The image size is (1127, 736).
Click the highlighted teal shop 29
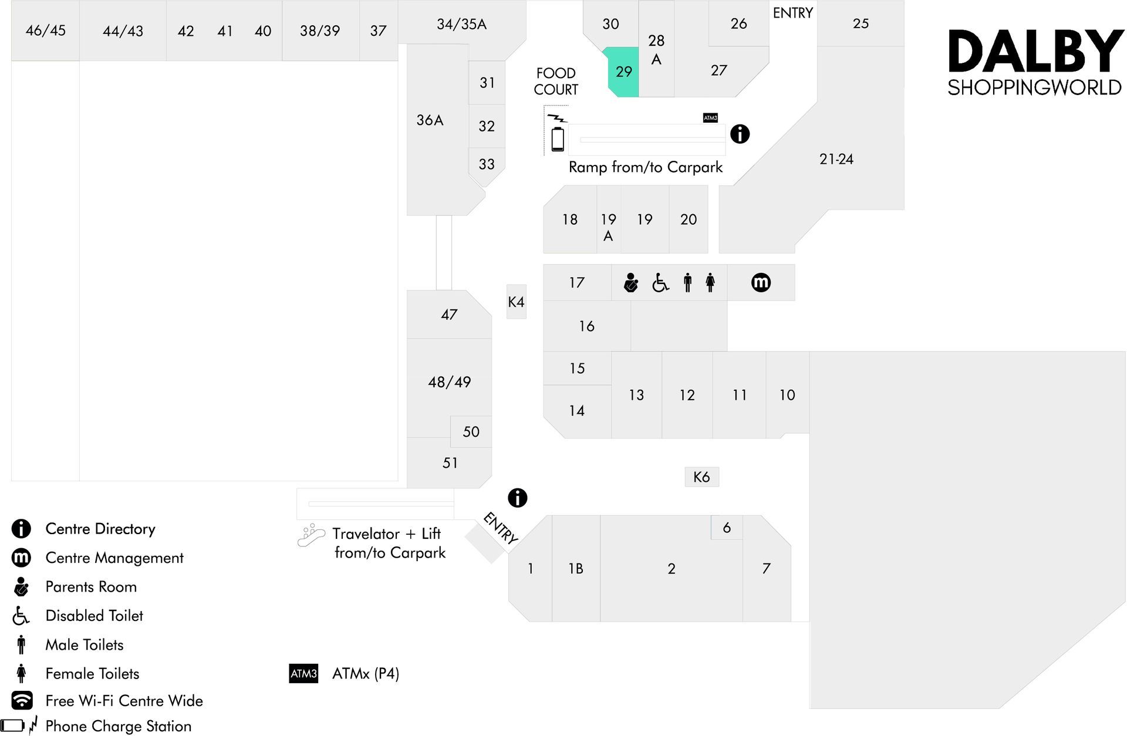click(x=623, y=72)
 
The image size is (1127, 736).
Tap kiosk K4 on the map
click(x=517, y=302)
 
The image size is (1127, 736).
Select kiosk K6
click(x=701, y=477)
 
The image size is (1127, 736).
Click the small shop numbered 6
click(x=727, y=528)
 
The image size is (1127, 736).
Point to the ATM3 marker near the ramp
click(x=710, y=118)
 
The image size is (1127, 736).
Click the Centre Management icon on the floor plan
click(x=761, y=282)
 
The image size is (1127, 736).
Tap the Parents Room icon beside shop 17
click(x=631, y=282)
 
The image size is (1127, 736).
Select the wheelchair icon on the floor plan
click(x=660, y=283)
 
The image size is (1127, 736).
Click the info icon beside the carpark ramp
click(x=740, y=134)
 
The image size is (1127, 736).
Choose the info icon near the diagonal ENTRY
click(x=517, y=498)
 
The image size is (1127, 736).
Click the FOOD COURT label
click(x=556, y=81)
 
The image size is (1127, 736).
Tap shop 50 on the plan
click(x=471, y=431)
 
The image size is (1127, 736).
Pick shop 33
click(x=486, y=164)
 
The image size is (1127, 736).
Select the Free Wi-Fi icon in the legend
click(x=22, y=700)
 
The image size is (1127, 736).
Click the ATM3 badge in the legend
click(x=303, y=673)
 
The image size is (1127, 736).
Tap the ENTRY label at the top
click(x=792, y=13)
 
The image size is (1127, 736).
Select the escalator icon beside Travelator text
click(x=311, y=535)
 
